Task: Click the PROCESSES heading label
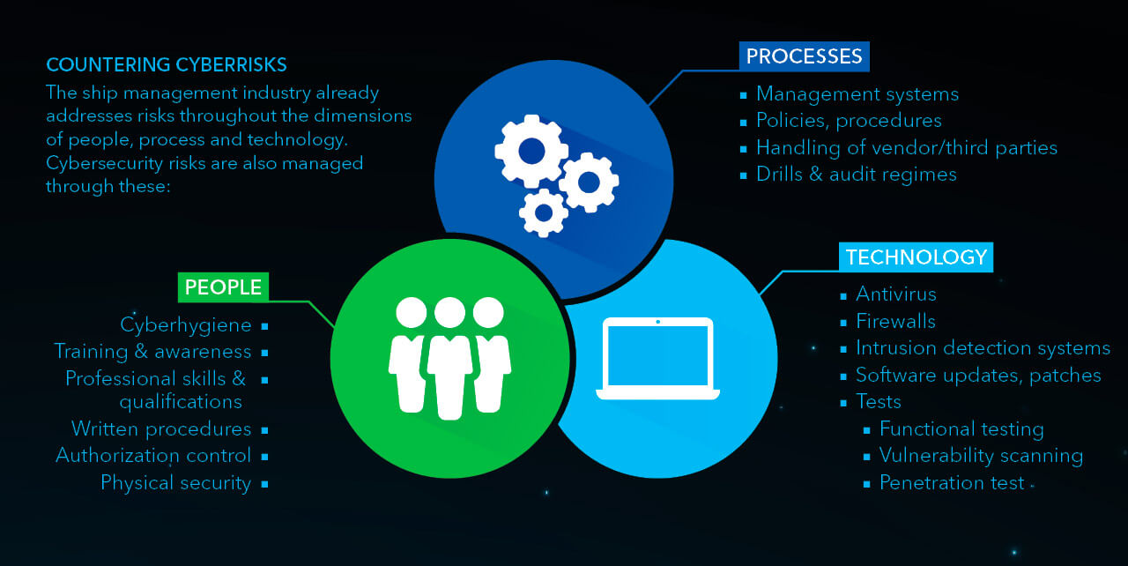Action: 804,56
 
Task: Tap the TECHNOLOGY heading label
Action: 916,257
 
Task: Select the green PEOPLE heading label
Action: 223,287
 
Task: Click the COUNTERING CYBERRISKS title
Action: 167,65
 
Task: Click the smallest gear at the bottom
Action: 544,212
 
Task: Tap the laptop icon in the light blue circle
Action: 658,358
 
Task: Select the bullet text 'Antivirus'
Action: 895,294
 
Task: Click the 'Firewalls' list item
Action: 895,321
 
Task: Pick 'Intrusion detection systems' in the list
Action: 983,348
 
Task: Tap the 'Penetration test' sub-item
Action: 952,483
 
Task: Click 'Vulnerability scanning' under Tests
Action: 981,456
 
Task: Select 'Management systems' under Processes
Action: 857,93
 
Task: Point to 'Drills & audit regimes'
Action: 856,175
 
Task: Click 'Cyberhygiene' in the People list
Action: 186,325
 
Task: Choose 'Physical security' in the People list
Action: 175,483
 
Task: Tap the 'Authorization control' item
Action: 153,456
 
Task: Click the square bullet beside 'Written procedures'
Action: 265,430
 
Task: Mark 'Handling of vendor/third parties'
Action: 906,147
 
